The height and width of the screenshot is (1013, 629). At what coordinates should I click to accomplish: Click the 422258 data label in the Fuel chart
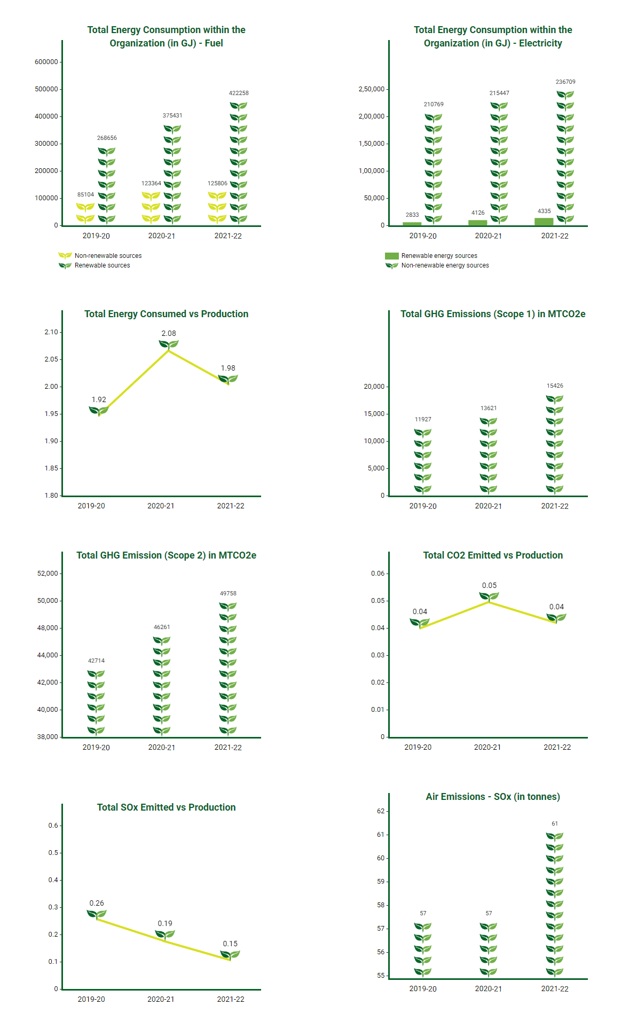239,93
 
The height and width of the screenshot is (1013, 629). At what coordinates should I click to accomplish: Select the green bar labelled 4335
544,222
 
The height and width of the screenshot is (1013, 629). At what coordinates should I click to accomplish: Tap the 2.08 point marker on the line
169,344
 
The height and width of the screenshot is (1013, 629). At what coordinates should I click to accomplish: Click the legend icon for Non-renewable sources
65,256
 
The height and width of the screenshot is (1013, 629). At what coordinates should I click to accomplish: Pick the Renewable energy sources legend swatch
392,256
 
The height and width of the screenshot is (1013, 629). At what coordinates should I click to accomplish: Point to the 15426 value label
555,386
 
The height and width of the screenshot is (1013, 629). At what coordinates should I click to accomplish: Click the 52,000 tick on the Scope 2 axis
48,574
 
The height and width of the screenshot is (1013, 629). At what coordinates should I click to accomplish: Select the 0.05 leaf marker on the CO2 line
489,596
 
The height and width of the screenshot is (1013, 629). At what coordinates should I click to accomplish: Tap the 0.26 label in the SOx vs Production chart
97,903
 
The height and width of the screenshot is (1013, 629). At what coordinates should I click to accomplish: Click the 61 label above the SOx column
555,823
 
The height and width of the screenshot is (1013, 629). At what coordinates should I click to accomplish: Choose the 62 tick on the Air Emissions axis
381,811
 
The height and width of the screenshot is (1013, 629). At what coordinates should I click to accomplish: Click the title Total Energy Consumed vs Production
166,314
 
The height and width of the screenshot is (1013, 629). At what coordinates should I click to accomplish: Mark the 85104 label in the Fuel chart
85,194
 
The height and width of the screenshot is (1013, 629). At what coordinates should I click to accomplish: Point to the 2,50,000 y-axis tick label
372,89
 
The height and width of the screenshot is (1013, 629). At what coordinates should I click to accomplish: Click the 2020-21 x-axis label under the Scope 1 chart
489,506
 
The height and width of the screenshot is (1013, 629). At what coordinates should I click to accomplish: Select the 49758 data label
228,593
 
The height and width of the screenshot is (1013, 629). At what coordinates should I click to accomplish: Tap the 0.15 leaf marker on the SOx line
230,955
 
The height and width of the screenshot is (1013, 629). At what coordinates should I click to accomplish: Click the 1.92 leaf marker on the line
99,411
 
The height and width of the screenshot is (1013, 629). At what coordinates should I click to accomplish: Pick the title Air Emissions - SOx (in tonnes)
493,797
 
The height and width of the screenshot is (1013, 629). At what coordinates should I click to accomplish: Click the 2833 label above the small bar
412,215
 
